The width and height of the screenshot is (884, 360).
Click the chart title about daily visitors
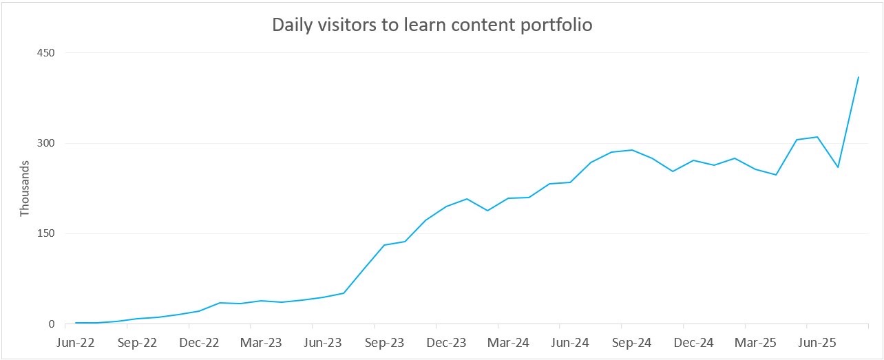pos(432,25)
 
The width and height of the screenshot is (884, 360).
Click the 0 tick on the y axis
pos(51,324)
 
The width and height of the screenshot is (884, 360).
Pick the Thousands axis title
pos(25,189)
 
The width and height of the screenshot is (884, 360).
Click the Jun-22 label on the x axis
pos(76,342)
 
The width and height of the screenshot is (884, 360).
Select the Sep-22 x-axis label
pos(138,342)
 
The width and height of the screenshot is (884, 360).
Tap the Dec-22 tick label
pos(200,342)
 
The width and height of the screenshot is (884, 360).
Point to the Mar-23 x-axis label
pos(262,342)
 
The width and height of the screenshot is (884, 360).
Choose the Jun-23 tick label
pos(323,342)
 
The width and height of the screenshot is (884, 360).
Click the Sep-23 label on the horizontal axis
pos(385,342)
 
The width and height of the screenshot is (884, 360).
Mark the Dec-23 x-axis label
pos(447,342)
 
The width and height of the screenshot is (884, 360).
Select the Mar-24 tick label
pos(509,342)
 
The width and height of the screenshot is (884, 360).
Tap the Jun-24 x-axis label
pos(571,342)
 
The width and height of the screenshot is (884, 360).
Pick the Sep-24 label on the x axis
pos(633,342)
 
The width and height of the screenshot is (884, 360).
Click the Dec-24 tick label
pos(694,342)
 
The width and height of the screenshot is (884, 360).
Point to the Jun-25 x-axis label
pos(818,342)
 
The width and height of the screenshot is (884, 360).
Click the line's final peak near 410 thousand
pos(859,76)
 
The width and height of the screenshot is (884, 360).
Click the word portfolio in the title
pos(557,25)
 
